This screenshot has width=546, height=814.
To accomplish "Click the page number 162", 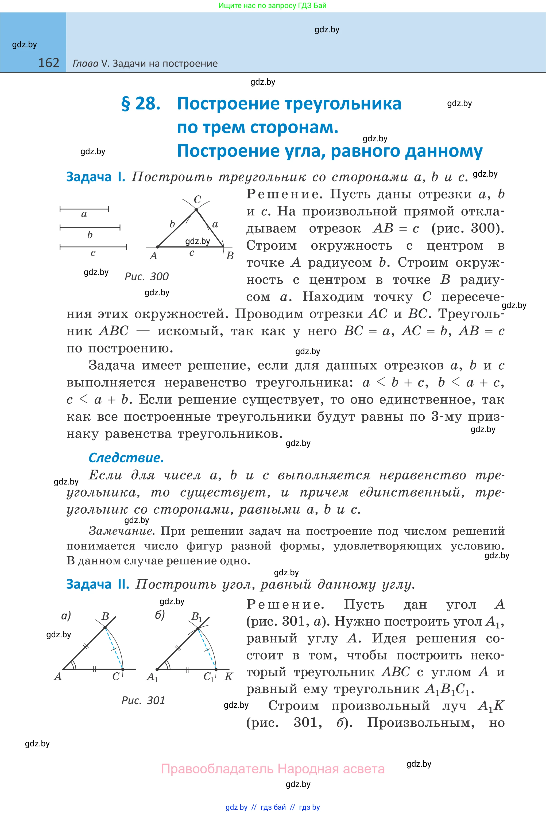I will [48, 63].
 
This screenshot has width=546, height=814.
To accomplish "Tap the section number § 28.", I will [141, 103].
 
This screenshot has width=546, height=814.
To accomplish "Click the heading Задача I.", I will [95, 177].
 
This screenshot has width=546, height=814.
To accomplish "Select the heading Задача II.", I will [98, 584].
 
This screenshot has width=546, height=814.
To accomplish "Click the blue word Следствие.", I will [126, 458].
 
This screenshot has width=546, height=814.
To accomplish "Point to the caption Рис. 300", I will [147, 276].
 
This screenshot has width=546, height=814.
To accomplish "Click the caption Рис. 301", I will [143, 700].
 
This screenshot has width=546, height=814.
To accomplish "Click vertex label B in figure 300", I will [230, 255].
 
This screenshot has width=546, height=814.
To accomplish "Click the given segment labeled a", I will [84, 209].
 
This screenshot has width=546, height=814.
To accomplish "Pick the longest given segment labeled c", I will [93, 247].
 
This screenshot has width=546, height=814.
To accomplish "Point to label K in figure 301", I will [229, 676].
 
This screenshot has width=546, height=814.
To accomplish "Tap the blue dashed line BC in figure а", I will [114, 649].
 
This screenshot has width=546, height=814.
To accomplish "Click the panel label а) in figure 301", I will [66, 615].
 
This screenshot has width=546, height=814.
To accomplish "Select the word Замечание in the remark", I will [121, 531].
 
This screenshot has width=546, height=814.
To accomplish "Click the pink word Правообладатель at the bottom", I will [216, 769].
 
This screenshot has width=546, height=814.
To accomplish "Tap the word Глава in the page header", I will [85, 63].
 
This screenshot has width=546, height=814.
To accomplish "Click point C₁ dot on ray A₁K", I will [216, 669].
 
